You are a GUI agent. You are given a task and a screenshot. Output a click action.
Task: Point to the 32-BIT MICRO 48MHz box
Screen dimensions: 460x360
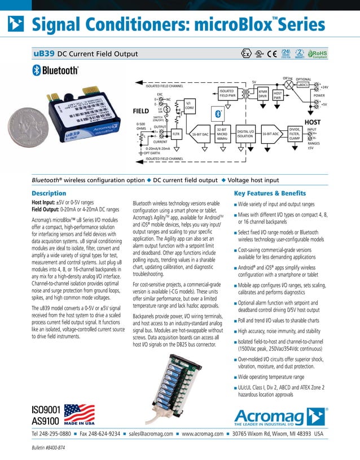222,133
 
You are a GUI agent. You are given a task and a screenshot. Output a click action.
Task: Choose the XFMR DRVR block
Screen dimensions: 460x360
262,94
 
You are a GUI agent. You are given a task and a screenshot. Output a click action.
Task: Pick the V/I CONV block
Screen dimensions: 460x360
190,105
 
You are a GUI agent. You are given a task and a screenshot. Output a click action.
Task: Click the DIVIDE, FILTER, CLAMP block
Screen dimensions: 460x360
294,133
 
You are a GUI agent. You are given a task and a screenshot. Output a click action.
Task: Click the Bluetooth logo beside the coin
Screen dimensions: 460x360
54,70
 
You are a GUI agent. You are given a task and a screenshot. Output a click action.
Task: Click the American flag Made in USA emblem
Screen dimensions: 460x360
80,413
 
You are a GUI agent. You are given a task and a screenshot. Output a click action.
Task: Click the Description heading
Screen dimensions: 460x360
49,193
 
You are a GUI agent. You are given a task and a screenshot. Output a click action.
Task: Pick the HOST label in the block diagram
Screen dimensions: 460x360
313,122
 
